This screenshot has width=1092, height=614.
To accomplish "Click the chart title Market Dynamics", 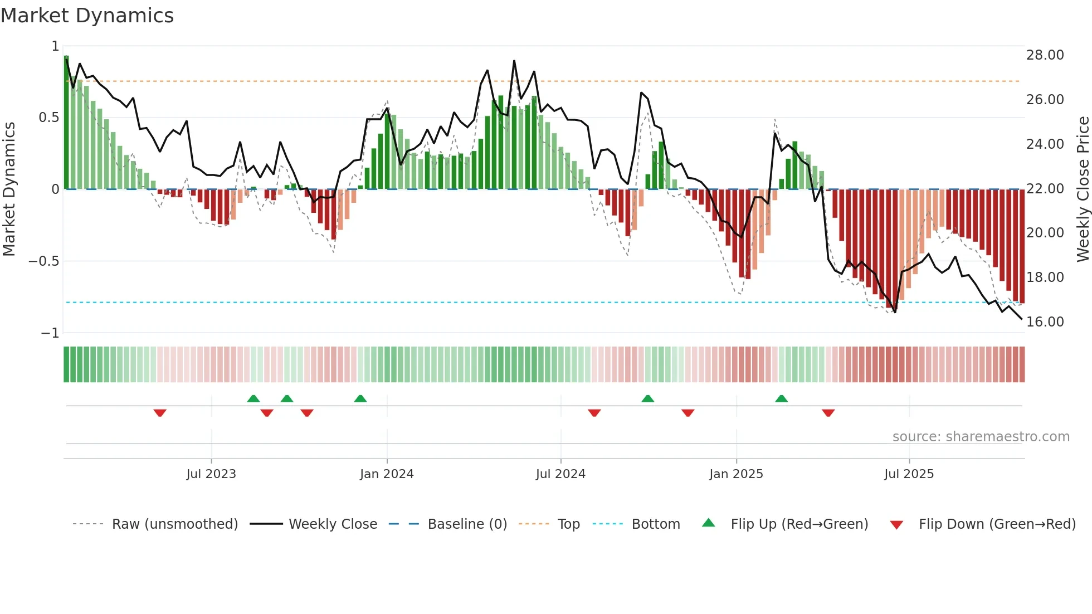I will coord(87,16).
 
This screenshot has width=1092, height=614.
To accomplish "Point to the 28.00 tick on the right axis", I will coord(1045,55).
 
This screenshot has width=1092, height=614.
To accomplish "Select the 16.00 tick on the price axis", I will coord(1045,322).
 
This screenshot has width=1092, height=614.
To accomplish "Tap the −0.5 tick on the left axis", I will coord(43,261).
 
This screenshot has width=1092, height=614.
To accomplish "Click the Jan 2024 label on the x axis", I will coord(387,474).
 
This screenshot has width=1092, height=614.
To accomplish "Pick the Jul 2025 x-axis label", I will coord(909,474).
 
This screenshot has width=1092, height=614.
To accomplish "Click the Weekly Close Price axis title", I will coord(1083,189).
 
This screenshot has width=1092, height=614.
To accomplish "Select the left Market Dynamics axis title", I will coord(9,189).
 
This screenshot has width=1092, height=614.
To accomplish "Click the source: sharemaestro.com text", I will coord(981,437).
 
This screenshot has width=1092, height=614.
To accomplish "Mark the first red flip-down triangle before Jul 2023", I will coord(160,413).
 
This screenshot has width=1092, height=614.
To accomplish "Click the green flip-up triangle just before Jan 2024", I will coord(360,398).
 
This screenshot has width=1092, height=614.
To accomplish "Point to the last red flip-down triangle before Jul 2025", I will coord(828,413).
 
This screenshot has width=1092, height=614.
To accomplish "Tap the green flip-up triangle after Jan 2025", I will coord(781,398).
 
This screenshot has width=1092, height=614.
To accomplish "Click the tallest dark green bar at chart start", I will coord(66,123).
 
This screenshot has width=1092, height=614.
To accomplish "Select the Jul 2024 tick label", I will coord(560,474).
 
